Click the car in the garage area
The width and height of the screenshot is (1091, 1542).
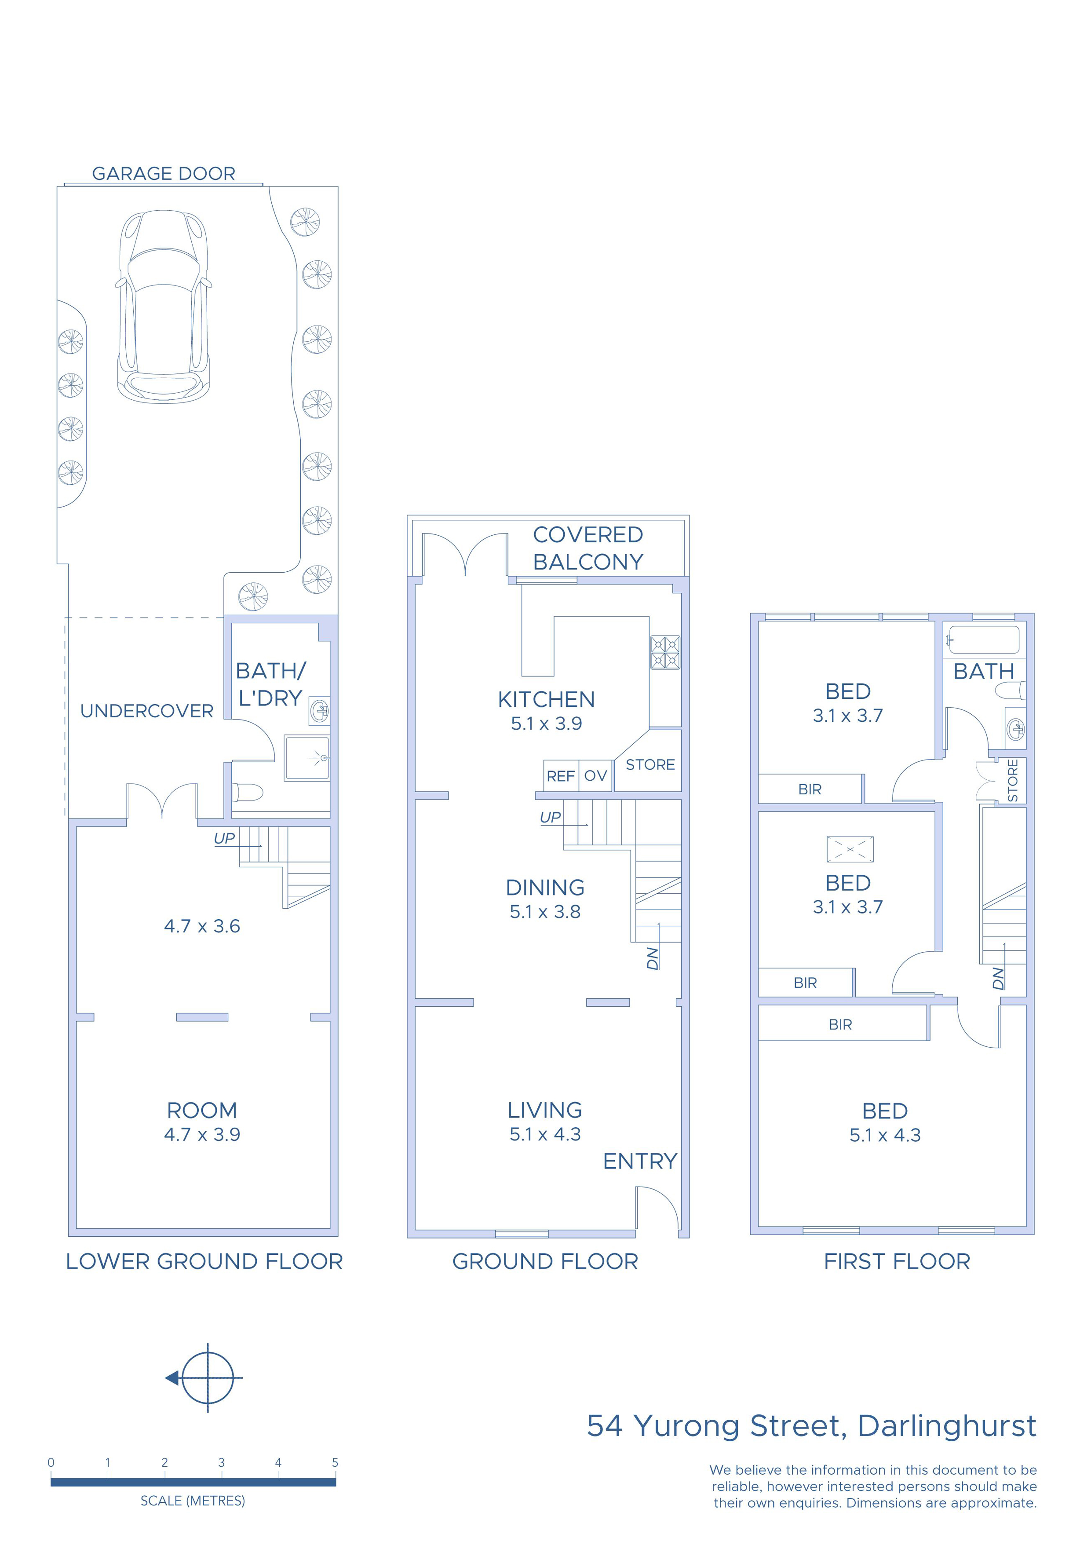pyautogui.click(x=163, y=307)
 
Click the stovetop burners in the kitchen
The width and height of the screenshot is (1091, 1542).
pyautogui.click(x=665, y=652)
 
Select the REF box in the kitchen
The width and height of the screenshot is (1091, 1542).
pyautogui.click(x=560, y=776)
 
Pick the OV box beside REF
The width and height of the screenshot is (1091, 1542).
pyautogui.click(x=595, y=776)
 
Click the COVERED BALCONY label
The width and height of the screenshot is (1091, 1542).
pyautogui.click(x=588, y=548)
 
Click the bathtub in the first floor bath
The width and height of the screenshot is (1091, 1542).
pyautogui.click(x=984, y=639)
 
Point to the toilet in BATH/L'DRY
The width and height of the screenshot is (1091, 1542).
pyautogui.click(x=247, y=793)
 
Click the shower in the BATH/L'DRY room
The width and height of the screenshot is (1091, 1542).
pyautogui.click(x=307, y=758)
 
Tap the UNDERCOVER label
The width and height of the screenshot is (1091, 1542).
pyautogui.click(x=146, y=711)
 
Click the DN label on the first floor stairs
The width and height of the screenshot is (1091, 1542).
pyautogui.click(x=998, y=978)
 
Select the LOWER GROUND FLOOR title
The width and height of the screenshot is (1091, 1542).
pyautogui.click(x=204, y=1262)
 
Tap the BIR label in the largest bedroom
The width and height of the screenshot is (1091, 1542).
pyautogui.click(x=840, y=1025)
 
